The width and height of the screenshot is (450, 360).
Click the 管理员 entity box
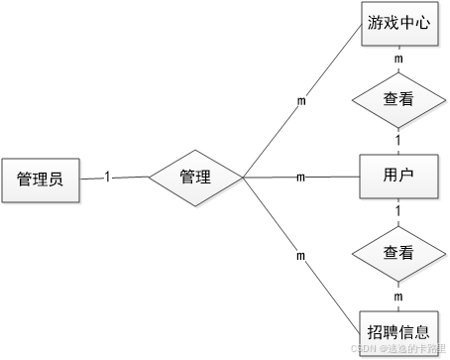tap(41, 180)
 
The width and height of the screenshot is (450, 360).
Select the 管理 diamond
tap(195, 178)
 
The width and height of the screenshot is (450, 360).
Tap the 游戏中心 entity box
tap(397, 23)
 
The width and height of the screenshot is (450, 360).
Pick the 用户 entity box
tap(397, 178)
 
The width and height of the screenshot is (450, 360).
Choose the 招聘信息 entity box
tap(397, 330)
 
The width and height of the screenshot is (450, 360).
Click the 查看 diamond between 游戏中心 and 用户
tap(397, 99)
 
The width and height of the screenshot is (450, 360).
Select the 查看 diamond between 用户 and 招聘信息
tap(397, 254)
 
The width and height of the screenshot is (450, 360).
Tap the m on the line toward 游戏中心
tap(300, 100)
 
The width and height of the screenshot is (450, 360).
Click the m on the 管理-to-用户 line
tap(300, 178)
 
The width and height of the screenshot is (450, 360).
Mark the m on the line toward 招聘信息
tap(300, 256)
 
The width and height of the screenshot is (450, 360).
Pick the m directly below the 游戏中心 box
tap(398, 60)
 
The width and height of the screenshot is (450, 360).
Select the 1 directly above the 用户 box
tap(398, 140)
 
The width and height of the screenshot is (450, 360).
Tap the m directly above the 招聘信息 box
tap(398, 296)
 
